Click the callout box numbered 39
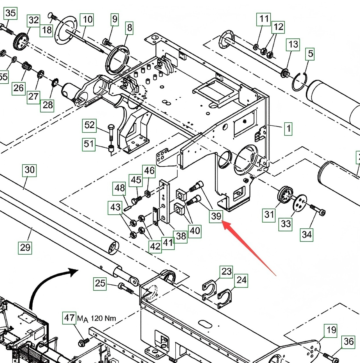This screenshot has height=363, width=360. [216, 216]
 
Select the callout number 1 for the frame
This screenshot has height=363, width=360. [288, 129]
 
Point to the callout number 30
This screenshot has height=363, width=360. [29, 170]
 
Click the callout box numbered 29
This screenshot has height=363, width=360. [25, 248]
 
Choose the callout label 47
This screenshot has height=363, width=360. [69, 318]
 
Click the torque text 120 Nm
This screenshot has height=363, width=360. [103, 318]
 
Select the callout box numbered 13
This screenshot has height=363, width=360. [293, 45]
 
